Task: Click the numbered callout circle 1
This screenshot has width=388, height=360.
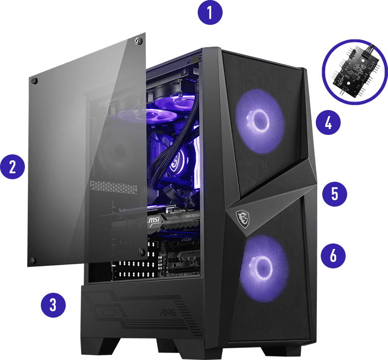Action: tap(210, 12)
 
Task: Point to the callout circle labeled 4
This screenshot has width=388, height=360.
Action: tap(328, 122)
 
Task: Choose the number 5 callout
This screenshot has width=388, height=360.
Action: tap(334, 193)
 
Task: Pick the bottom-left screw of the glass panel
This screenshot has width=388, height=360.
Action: tap(32, 260)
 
